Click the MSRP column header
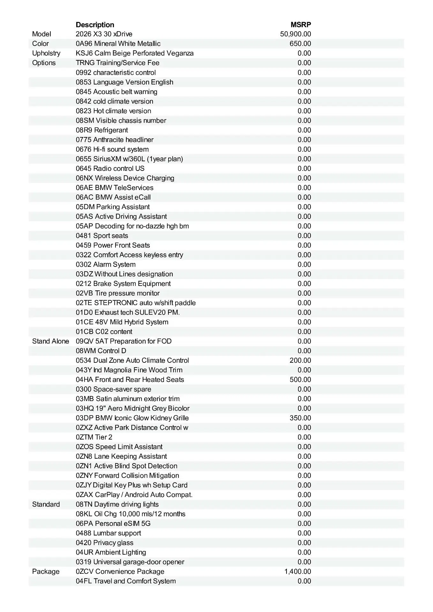[301, 25]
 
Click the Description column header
[95, 25]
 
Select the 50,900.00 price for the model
[295, 34]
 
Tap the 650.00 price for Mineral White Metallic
[300, 44]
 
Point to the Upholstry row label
[46, 53]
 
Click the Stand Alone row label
[50, 341]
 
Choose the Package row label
[46, 572]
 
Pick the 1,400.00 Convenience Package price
[297, 572]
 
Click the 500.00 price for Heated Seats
[300, 380]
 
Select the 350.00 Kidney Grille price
[300, 418]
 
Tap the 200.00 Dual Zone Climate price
[300, 361]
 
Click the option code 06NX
[84, 178]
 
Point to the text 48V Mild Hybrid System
[139, 322]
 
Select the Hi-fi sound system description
[121, 149]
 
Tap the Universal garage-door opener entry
[139, 562]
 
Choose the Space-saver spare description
[122, 389]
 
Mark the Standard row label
[46, 504]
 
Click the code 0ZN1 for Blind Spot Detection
[84, 466]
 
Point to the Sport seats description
[111, 236]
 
